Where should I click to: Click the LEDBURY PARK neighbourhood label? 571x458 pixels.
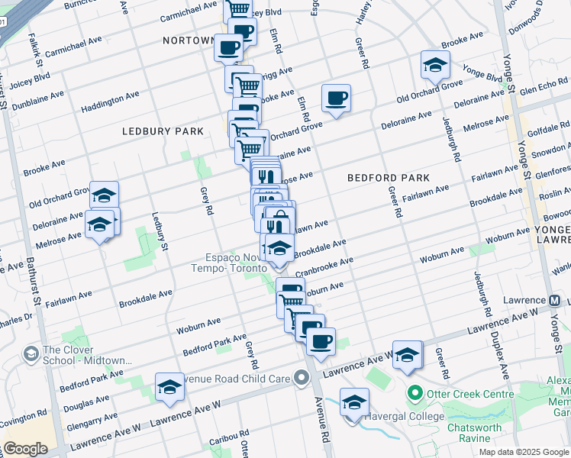pos(163,131)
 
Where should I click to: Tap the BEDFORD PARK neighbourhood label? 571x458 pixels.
pos(389,178)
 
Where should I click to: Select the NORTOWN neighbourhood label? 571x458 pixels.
pos(189,40)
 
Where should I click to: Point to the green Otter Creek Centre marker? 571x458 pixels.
pos(415,395)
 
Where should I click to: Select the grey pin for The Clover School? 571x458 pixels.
pos(31,353)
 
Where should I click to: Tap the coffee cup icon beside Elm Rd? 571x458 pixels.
pos(336,98)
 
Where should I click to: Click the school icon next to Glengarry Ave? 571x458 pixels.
pos(169,386)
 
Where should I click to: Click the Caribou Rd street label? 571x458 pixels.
pos(226,440)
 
